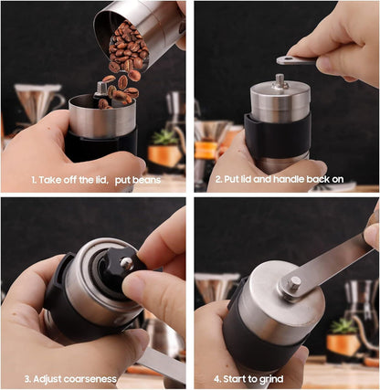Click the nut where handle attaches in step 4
pyautogui.click(x=293, y=283)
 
